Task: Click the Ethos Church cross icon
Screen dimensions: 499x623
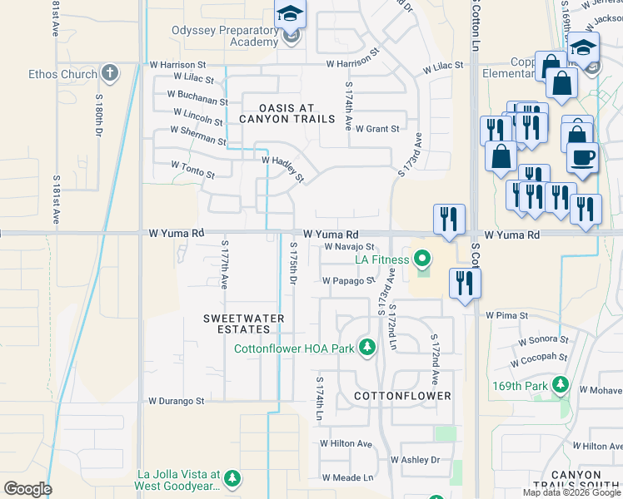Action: [109, 73]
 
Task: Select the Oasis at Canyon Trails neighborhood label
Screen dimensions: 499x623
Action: [277, 113]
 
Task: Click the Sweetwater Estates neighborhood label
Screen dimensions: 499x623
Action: [244, 324]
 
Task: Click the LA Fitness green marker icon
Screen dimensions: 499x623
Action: [421, 259]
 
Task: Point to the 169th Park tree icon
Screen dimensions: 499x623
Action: [561, 386]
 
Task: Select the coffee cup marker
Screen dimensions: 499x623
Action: [582, 157]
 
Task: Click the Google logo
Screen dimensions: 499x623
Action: [27, 489]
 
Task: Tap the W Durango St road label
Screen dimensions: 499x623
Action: [177, 401]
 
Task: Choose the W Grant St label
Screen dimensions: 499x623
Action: [376, 130]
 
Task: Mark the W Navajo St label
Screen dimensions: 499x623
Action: [349, 247]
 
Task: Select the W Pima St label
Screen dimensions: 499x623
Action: [506, 316]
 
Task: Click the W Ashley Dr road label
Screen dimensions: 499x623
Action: [415, 460]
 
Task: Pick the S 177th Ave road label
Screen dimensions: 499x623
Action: [224, 265]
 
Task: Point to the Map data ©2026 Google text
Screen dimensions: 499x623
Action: [571, 492]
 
